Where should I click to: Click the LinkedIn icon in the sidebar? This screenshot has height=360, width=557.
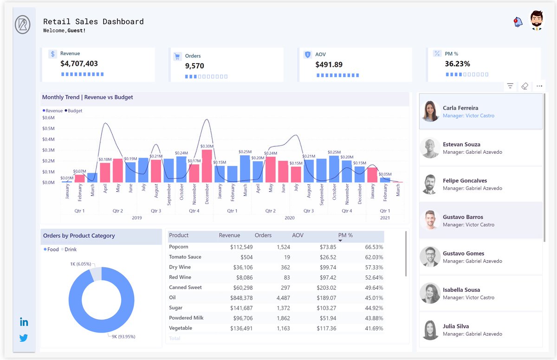(x=24, y=322)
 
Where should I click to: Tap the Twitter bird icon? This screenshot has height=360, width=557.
(x=24, y=338)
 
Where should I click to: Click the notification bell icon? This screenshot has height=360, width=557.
(x=518, y=22)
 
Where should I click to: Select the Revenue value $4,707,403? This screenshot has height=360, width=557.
(x=79, y=64)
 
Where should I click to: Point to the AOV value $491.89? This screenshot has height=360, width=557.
(x=329, y=65)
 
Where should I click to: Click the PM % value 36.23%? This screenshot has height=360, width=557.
(x=457, y=64)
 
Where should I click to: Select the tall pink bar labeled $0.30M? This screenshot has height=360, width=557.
(x=207, y=166)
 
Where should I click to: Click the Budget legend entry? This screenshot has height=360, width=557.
(x=75, y=111)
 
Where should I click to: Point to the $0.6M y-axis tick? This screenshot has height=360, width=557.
(x=48, y=118)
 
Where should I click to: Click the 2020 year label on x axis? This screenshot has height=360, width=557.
(x=289, y=218)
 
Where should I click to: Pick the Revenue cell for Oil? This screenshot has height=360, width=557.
(x=241, y=298)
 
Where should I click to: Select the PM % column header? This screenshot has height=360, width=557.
(x=345, y=236)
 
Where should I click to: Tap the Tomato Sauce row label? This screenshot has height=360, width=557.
(x=185, y=257)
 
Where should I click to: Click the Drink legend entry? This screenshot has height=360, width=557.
(x=71, y=249)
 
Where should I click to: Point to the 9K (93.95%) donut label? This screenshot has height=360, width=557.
(x=123, y=336)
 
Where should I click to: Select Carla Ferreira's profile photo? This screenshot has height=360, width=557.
(x=430, y=111)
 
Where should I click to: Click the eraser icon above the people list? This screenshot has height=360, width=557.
(x=525, y=86)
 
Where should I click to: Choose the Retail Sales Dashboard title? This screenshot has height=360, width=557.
(x=93, y=22)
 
